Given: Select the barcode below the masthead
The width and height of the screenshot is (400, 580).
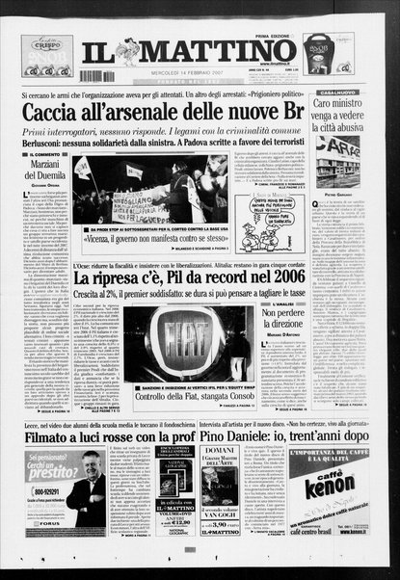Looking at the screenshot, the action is [95, 75].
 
